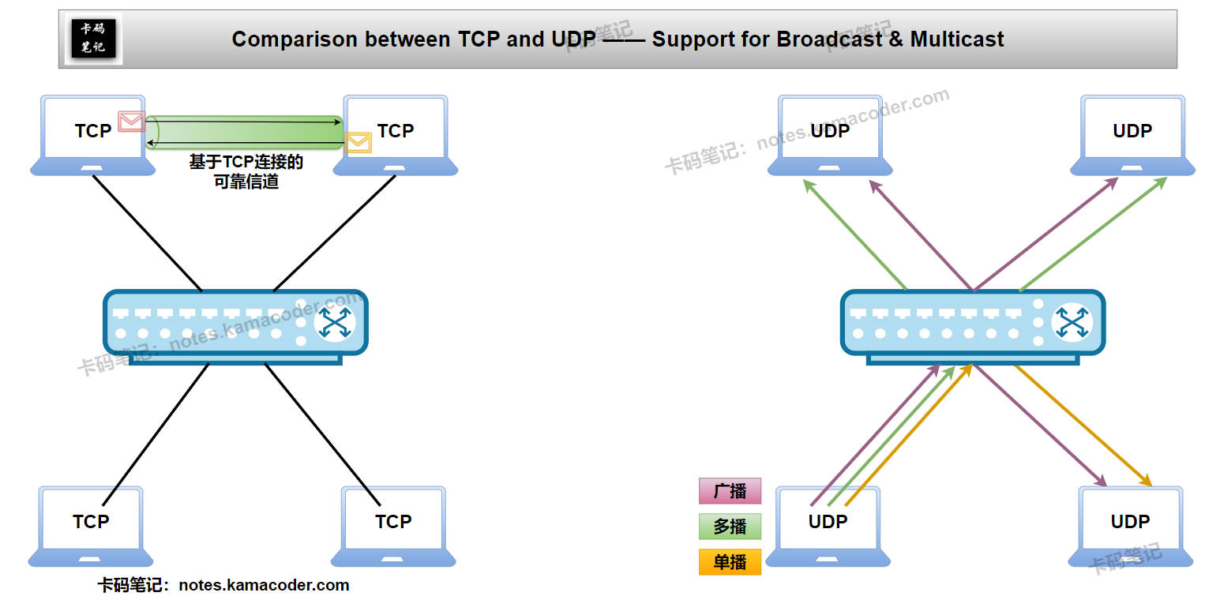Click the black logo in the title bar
click(x=93, y=39)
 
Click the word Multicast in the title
click(x=957, y=39)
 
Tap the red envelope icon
click(x=131, y=122)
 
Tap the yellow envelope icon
click(x=358, y=143)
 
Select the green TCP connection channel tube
click(x=245, y=131)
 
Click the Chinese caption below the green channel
click(x=246, y=171)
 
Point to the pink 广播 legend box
click(x=730, y=491)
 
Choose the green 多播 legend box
click(x=730, y=527)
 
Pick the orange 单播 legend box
click(x=730, y=562)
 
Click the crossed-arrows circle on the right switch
click(x=1072, y=323)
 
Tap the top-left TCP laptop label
click(x=93, y=131)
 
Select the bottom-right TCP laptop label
click(x=393, y=522)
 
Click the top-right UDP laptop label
click(x=1132, y=131)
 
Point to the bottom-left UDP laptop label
click(x=828, y=522)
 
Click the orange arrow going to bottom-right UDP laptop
click(x=1082, y=426)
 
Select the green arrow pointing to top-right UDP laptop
click(x=1094, y=234)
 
